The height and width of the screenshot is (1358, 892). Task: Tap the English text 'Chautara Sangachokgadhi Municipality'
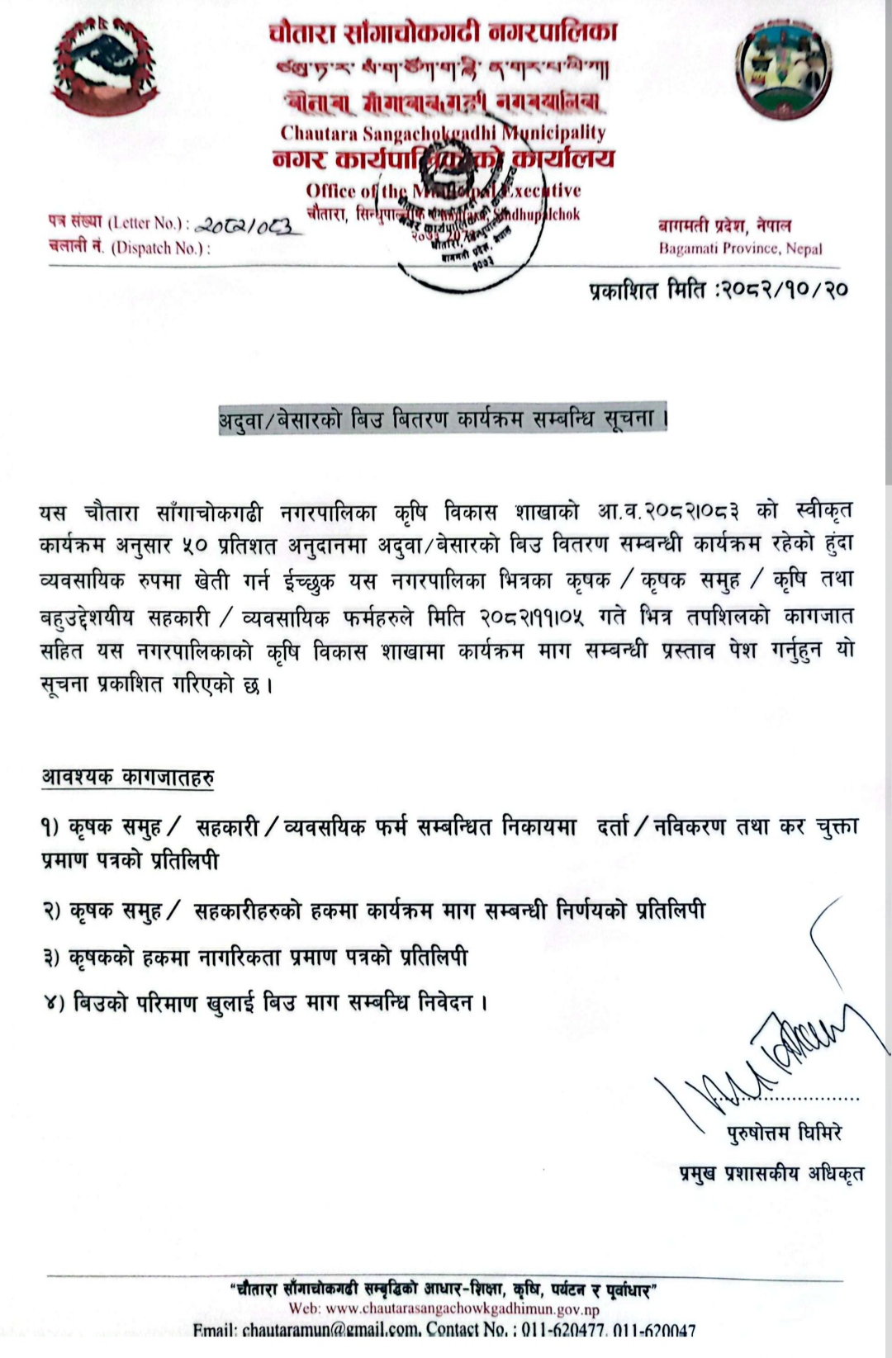coord(443,133)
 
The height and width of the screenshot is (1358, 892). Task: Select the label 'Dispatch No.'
coord(160,248)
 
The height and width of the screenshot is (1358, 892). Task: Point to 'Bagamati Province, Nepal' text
coord(740,248)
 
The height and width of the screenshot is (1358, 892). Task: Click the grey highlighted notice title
coord(443,419)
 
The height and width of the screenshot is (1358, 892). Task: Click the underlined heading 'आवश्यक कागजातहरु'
coord(128,778)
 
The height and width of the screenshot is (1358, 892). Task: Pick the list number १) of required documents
coord(51,826)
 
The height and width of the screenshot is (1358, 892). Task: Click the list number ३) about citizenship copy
coord(51,958)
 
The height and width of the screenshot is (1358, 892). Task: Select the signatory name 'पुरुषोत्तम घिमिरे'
coord(784,1133)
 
